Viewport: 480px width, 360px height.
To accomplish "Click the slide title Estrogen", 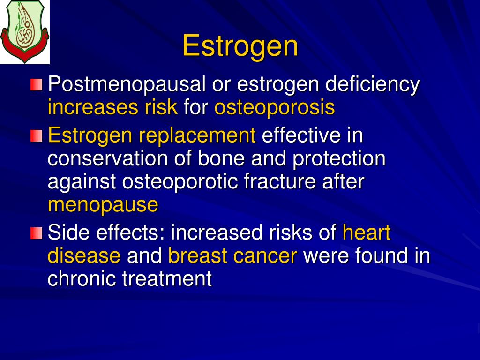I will coord(240,46).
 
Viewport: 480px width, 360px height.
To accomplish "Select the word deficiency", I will coord(373,85).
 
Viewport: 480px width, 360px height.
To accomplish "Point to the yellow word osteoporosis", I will coord(275,108).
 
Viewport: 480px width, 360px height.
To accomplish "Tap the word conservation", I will coord(107,159).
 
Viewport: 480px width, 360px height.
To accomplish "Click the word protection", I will coord(339,159).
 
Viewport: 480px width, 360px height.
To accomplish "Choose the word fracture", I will coord(280,182).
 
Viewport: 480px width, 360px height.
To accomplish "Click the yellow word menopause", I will coord(103,205).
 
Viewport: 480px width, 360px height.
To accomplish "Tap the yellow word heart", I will coord(367,232).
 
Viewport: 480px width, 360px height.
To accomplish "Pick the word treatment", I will coord(167,278).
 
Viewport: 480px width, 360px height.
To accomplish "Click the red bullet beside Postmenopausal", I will coord(37,85).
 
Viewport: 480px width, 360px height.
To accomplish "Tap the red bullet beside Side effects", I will coord(37,233).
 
